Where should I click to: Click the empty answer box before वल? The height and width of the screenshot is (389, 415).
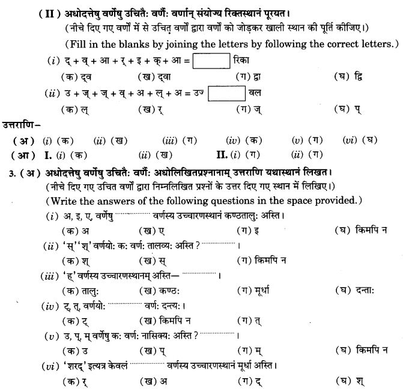tap(230, 93)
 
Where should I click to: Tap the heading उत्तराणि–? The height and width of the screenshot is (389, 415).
tap(22, 124)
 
